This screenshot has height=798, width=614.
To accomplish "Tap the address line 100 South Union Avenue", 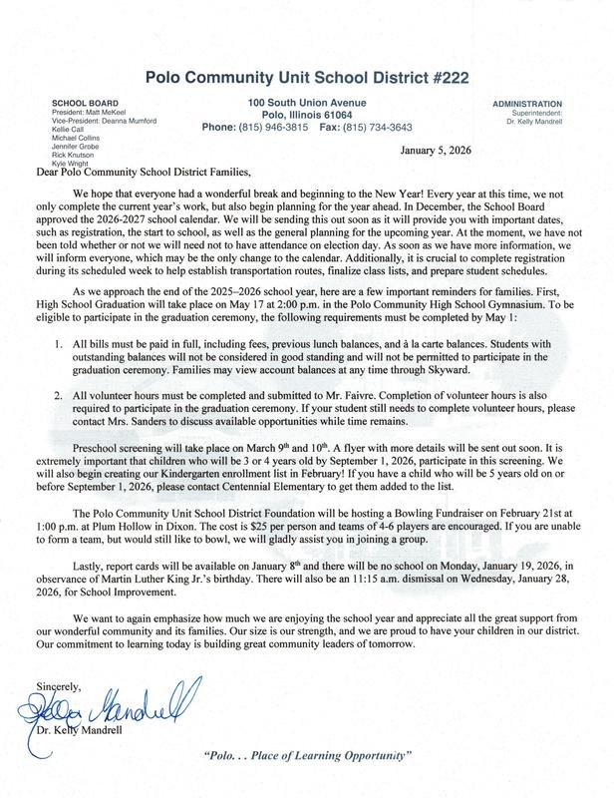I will point(306,102).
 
